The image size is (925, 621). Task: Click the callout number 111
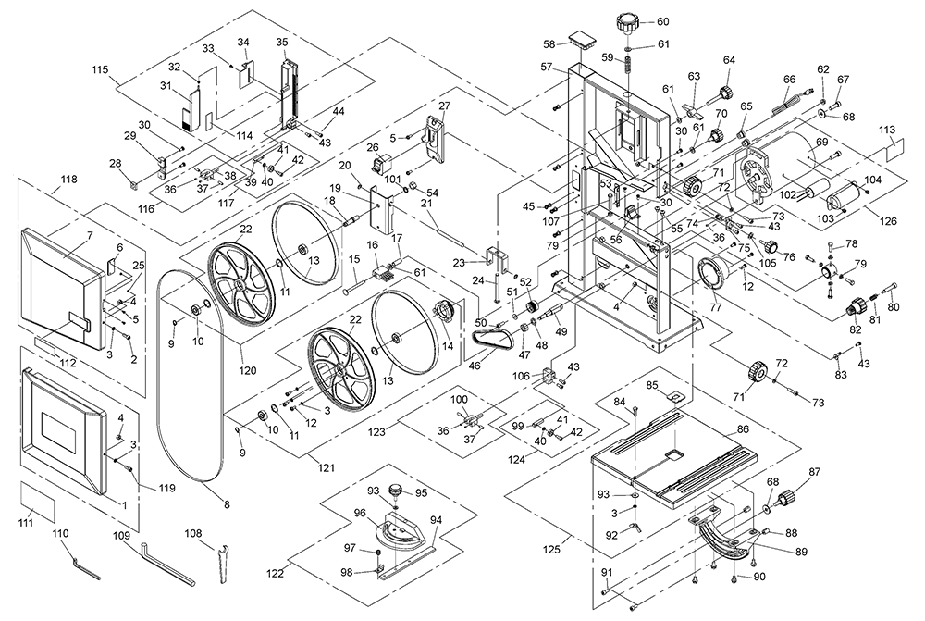[x=25, y=524]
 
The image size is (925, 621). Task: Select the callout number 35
[x=282, y=42]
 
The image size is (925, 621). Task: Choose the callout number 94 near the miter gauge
[x=436, y=520]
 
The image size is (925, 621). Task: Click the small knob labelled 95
[x=397, y=490]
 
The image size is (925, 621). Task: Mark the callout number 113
[x=887, y=129]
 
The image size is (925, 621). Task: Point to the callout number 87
[x=814, y=472]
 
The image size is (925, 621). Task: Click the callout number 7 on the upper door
[x=90, y=236]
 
